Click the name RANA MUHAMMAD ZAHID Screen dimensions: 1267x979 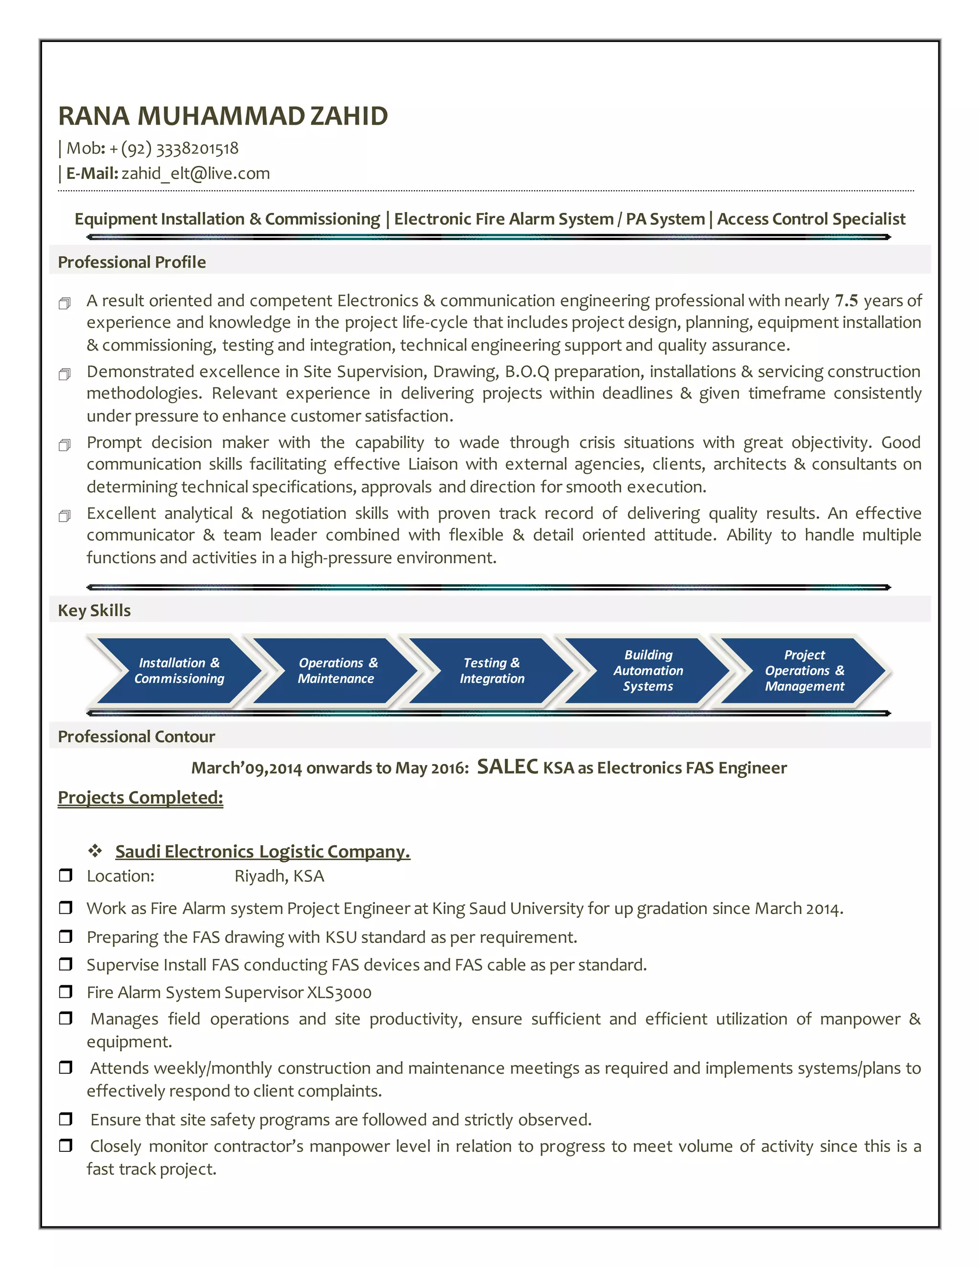click(x=223, y=116)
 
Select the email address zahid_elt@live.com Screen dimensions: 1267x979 click(x=196, y=174)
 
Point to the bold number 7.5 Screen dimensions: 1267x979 click(x=846, y=301)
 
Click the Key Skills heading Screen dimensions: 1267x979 click(x=94, y=610)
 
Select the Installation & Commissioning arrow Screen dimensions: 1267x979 click(x=179, y=671)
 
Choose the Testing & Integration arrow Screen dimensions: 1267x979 click(x=492, y=671)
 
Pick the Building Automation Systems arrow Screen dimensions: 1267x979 click(x=648, y=671)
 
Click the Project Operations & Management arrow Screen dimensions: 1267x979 click(x=805, y=671)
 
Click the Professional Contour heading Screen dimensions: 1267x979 click(x=136, y=737)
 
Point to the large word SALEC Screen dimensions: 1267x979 click(x=508, y=767)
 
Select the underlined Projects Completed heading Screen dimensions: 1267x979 click(x=141, y=797)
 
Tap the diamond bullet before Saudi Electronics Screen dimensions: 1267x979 click(x=95, y=851)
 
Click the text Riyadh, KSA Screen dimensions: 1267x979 click(x=279, y=876)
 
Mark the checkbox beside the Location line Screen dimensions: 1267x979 click(x=65, y=875)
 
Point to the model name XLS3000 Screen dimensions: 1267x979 click(x=339, y=993)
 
